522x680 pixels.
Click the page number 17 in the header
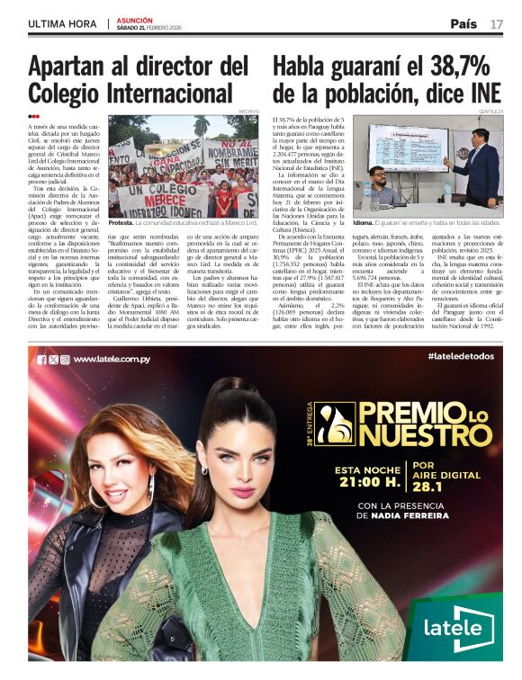click(497, 24)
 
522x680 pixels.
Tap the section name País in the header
click(463, 24)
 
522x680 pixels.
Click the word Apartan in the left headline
click(78, 67)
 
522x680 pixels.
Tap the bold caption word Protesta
click(121, 221)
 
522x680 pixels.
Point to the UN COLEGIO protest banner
click(161, 192)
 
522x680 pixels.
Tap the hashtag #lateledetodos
click(460, 358)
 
